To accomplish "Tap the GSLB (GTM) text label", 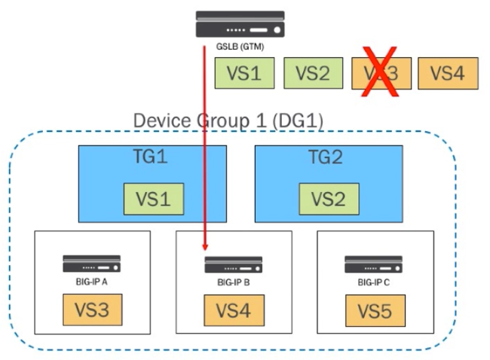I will point(239,47).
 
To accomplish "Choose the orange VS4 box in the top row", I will point(447,73).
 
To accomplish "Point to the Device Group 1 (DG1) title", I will point(228,121).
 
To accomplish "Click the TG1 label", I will point(152,159).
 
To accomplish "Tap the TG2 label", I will point(329,159).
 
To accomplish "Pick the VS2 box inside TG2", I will point(329,198).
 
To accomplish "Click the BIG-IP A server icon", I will point(91,264).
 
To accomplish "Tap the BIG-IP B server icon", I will point(234,264).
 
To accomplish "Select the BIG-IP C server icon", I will point(375,264).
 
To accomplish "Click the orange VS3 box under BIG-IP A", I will point(92,310).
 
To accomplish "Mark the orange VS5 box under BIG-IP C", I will point(375,310).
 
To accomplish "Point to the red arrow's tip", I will point(205,252).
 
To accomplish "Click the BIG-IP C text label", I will point(375,284).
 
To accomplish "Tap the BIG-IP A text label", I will point(91,284).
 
